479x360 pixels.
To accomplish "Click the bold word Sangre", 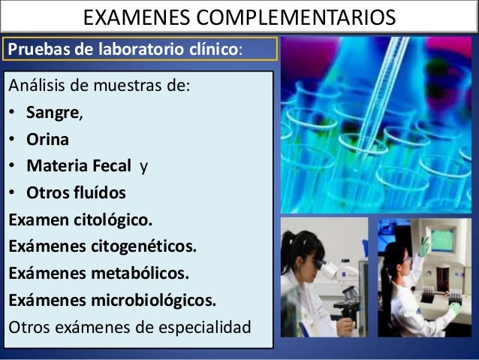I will pos(53,115).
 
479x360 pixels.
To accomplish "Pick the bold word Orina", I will pos(47,141).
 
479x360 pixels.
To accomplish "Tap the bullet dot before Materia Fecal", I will pos(13,167).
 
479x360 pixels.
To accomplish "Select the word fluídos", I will pos(95,192).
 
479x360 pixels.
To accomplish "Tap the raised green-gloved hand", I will pos(425,245).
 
